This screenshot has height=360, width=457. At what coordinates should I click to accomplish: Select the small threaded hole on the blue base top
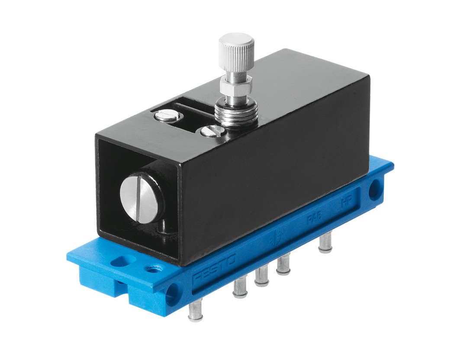click(152, 269)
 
